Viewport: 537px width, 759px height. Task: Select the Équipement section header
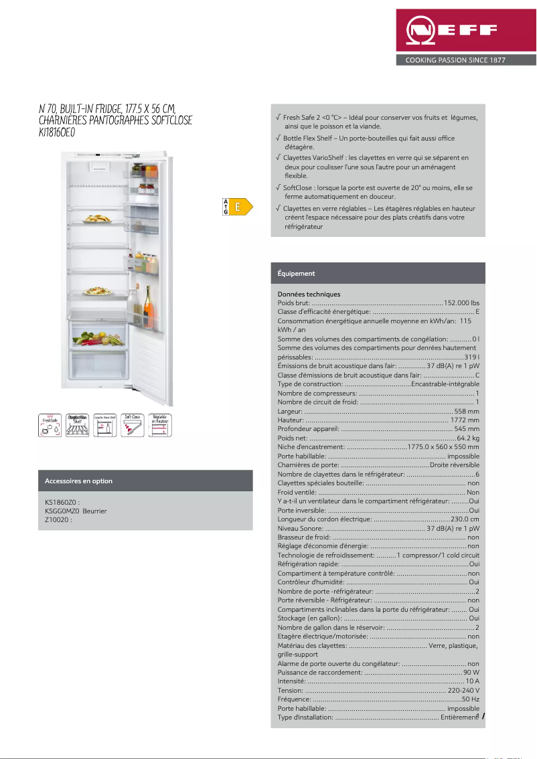[x=296, y=274]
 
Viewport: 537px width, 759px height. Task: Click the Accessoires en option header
[x=78, y=481]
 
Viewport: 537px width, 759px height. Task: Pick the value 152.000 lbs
[x=462, y=303]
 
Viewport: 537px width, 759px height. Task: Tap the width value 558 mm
[x=467, y=411]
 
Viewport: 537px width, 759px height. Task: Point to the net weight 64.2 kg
[x=467, y=437]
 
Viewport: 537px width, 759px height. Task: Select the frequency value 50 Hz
[x=470, y=699]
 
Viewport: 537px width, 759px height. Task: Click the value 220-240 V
[x=463, y=690]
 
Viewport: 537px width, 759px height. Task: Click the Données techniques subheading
[x=309, y=294]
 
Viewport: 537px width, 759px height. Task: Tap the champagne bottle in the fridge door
[x=147, y=307]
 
